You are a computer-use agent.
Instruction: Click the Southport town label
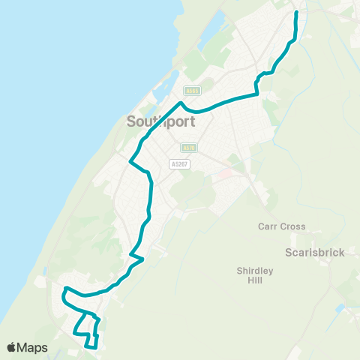click(161, 121)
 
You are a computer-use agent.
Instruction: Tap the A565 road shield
click(191, 90)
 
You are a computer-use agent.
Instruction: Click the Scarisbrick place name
click(315, 253)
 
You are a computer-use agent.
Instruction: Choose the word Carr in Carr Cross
click(268, 226)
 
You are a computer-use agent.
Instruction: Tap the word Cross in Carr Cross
click(292, 226)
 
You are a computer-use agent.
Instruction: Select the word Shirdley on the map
click(254, 270)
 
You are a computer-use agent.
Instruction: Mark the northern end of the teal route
click(296, 13)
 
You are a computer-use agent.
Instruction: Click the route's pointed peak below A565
click(181, 102)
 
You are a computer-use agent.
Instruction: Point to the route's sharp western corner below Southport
click(131, 161)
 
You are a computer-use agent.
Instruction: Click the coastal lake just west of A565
click(169, 86)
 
